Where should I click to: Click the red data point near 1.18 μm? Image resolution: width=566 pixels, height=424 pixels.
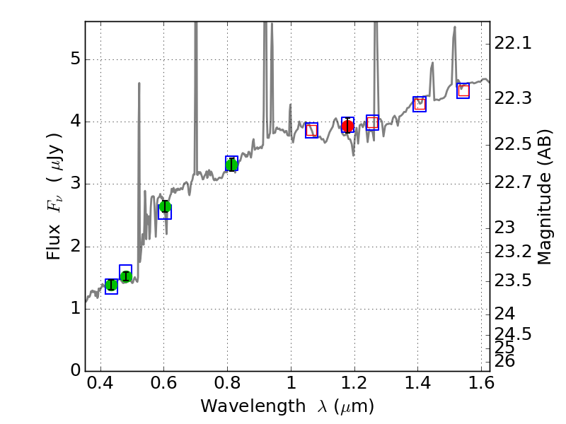click(x=347, y=126)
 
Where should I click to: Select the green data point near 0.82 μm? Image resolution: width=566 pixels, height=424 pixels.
click(x=231, y=165)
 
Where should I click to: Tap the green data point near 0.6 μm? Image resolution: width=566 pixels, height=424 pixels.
click(x=165, y=206)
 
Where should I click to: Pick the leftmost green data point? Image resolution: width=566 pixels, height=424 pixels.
click(x=111, y=285)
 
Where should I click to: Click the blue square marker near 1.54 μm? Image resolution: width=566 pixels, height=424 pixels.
click(x=463, y=90)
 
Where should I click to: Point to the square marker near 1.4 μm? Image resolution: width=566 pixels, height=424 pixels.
click(x=420, y=104)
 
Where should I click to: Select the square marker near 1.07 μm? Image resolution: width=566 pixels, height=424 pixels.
click(x=311, y=130)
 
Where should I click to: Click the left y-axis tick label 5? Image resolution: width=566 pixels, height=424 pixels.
click(x=74, y=59)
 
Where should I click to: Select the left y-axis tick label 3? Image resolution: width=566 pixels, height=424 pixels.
click(x=74, y=184)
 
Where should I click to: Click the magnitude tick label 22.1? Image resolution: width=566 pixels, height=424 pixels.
click(x=513, y=44)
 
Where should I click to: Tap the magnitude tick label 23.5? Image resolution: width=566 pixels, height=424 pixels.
click(x=513, y=281)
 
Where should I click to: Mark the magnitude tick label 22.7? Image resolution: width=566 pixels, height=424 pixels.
click(x=513, y=183)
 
